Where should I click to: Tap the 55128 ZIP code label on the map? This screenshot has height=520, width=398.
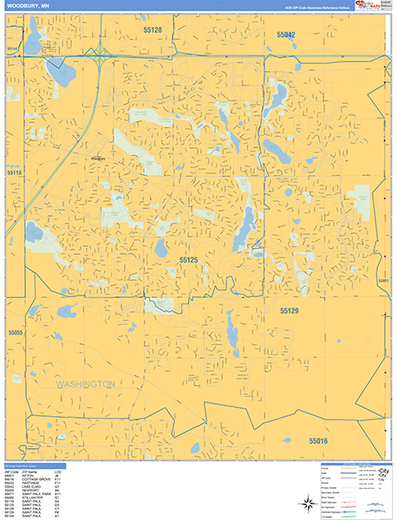click(x=153, y=30)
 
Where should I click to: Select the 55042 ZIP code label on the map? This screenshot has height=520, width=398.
click(x=286, y=35)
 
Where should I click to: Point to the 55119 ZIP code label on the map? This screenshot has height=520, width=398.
click(x=14, y=172)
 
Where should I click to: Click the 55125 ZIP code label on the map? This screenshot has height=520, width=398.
click(x=189, y=259)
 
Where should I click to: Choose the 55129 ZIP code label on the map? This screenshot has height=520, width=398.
click(x=289, y=309)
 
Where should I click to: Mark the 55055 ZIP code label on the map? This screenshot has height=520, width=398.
click(x=15, y=332)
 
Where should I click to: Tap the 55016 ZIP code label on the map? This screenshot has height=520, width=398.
click(x=318, y=441)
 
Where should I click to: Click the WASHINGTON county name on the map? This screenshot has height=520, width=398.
click(x=85, y=383)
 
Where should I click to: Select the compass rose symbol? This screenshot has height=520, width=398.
click(x=309, y=504)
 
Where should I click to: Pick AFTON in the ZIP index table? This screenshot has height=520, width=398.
click(x=32, y=477)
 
